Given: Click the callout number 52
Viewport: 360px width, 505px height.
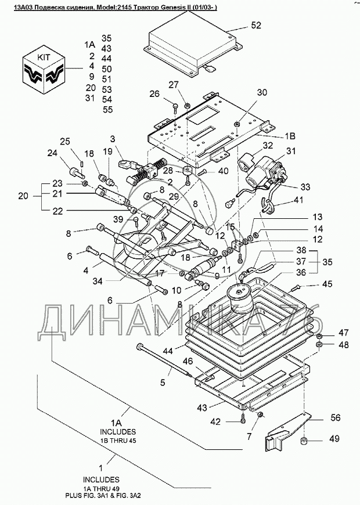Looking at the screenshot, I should pyautogui.click(x=256, y=25).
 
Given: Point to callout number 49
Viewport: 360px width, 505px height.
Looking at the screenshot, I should pyautogui.click(x=334, y=438).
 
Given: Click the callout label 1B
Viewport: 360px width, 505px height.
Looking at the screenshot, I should pyautogui.click(x=290, y=136).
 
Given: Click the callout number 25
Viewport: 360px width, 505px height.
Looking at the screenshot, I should pyautogui.click(x=65, y=141).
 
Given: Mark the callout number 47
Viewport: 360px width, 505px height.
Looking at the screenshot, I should pyautogui.click(x=343, y=333).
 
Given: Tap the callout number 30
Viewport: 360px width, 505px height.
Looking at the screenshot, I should pyautogui.click(x=262, y=93).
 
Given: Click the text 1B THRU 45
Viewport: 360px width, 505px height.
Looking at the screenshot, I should pyautogui.click(x=117, y=441).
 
